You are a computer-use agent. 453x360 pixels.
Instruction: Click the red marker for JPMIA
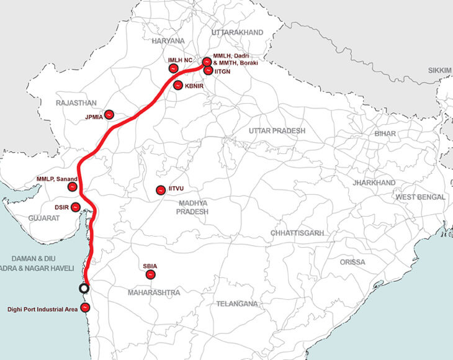pyautogui.click(x=109, y=115)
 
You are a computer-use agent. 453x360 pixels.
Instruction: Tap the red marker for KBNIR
pyautogui.click(x=177, y=86)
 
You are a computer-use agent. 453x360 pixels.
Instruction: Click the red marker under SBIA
pyautogui.click(x=150, y=274)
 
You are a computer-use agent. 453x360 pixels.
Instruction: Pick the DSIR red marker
pyautogui.click(x=76, y=207)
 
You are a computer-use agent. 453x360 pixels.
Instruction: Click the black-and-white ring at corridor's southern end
pyautogui.click(x=84, y=288)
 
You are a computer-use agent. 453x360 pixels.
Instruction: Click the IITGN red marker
pyautogui.click(x=207, y=71)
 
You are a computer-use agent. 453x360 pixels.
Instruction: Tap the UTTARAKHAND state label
pyautogui.click(x=237, y=32)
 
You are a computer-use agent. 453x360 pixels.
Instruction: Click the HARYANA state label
pyautogui.click(x=168, y=40)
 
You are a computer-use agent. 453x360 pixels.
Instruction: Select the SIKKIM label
pyautogui.click(x=439, y=71)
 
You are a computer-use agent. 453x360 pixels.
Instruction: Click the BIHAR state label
pyautogui.click(x=385, y=133)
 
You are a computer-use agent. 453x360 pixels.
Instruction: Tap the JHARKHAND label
pyautogui.click(x=374, y=183)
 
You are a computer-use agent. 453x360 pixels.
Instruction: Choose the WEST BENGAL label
pyautogui.click(x=421, y=197)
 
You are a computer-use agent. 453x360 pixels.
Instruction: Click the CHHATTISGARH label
pyautogui.click(x=297, y=232)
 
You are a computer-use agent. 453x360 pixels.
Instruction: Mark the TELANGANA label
pyautogui.click(x=236, y=304)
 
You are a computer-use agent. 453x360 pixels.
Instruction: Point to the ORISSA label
pyautogui.click(x=352, y=262)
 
